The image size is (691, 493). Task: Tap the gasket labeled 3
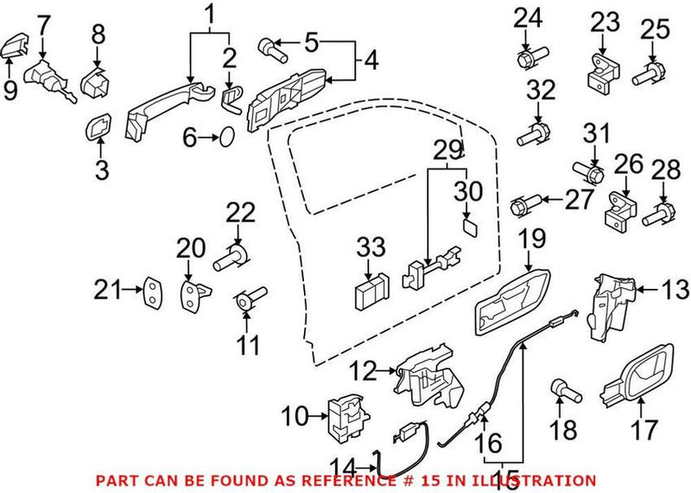(100, 129)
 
